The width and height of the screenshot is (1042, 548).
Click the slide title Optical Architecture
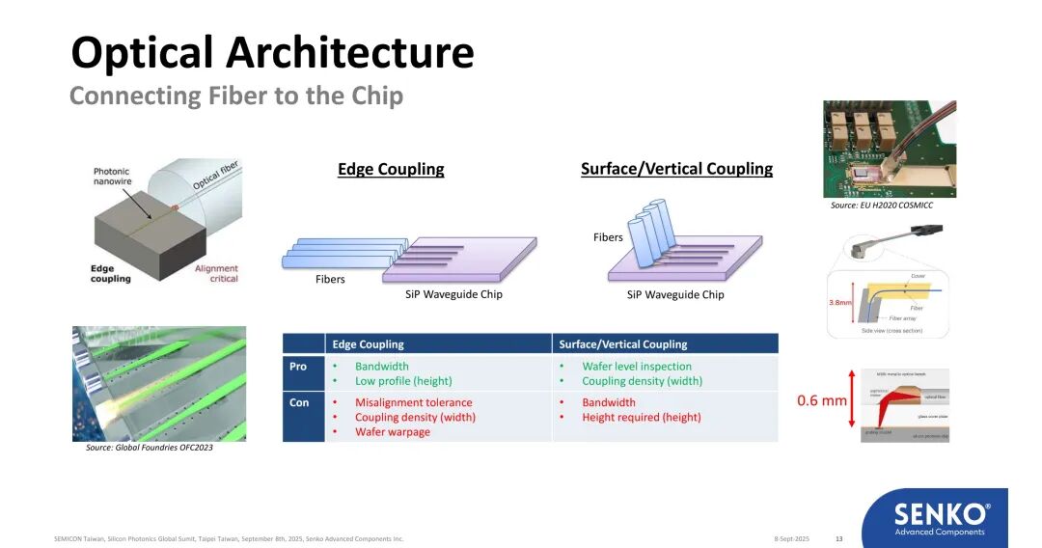(x=272, y=53)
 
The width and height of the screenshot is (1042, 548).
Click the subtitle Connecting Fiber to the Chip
(x=235, y=96)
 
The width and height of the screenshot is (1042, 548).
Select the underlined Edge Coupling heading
(x=391, y=170)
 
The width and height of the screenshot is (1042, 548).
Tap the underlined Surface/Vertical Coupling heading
(x=676, y=169)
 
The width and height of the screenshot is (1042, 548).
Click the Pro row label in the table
(x=298, y=367)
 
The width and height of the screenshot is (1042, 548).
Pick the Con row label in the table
(x=299, y=402)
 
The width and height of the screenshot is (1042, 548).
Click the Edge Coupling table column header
(x=368, y=344)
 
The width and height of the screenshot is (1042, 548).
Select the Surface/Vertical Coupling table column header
(x=622, y=344)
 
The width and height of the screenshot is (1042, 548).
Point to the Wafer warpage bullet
(x=393, y=432)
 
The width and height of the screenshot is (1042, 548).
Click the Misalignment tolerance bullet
(x=413, y=402)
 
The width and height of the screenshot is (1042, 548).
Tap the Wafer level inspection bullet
(x=637, y=367)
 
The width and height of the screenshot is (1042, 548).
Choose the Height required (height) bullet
(x=641, y=418)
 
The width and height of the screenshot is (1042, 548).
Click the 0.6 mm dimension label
(x=821, y=400)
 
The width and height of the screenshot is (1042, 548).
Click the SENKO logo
(x=940, y=516)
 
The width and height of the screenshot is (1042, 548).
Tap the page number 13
(x=838, y=538)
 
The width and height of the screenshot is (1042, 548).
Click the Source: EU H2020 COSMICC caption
(x=881, y=205)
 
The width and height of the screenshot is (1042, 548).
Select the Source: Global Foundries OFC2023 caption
(x=150, y=448)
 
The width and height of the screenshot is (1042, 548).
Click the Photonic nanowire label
(x=111, y=177)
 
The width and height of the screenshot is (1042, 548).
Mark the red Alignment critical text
(x=216, y=274)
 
